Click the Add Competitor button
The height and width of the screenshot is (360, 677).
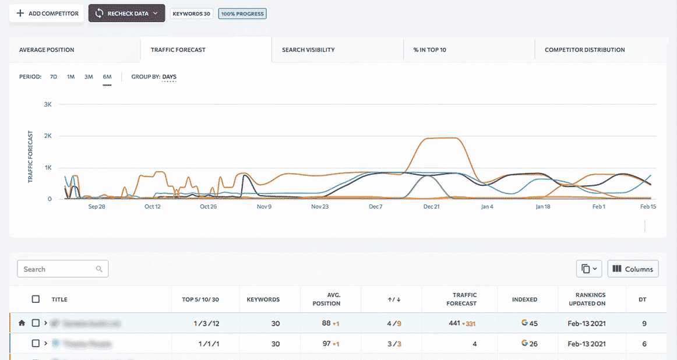[x=47, y=13]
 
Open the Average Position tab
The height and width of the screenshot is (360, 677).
[x=47, y=50]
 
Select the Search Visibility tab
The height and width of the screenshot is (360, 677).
[x=308, y=50]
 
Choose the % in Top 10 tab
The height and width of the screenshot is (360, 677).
[x=429, y=50]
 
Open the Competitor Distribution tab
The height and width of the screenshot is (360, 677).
[x=584, y=50]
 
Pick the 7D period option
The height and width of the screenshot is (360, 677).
[x=54, y=77]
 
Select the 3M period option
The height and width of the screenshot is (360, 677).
[x=89, y=77]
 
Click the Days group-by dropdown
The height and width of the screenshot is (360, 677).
[x=169, y=77]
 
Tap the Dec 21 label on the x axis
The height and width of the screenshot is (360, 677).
[x=431, y=207]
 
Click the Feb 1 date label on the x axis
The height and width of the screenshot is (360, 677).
[x=599, y=207]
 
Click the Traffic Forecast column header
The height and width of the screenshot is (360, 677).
[x=464, y=299]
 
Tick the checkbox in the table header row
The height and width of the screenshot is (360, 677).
[x=36, y=299]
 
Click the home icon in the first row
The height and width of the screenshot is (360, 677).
[x=22, y=323]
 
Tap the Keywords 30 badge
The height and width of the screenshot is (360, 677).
[x=191, y=13]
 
